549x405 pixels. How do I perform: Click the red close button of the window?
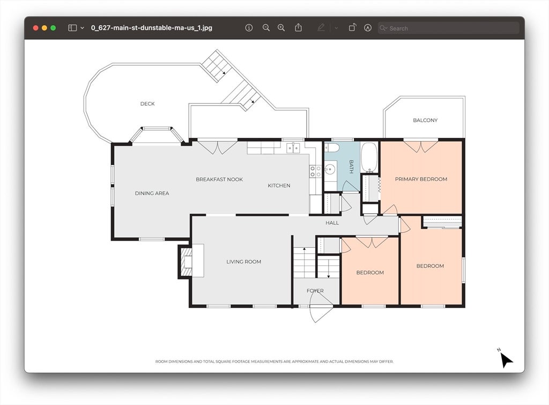(x=35, y=28)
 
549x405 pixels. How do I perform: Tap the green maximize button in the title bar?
(x=53, y=28)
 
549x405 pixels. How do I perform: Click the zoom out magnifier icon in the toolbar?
(x=266, y=28)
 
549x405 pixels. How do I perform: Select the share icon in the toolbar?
(x=298, y=28)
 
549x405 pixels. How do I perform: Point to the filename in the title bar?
(x=152, y=28)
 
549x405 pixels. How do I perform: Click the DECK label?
(x=147, y=104)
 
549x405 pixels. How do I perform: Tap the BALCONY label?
(x=425, y=120)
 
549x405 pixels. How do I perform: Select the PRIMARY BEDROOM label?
(x=421, y=179)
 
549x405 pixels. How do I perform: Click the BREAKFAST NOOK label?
(x=219, y=179)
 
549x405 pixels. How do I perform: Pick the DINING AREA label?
(x=152, y=193)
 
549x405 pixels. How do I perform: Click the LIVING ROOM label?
(x=244, y=262)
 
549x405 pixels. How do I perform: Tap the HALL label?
(x=332, y=223)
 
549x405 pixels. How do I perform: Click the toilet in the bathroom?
(x=332, y=147)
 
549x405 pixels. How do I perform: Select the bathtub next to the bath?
(x=369, y=157)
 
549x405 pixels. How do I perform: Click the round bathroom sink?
(x=330, y=170)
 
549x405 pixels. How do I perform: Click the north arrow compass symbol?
(x=505, y=359)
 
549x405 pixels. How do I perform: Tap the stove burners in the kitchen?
(x=315, y=171)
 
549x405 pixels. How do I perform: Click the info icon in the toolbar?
(x=249, y=28)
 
